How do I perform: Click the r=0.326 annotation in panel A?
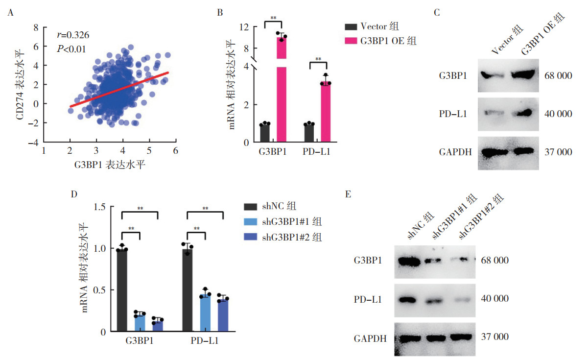pos(73,35)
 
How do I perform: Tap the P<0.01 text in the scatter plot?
pos(71,49)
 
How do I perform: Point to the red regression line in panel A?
pos(119,89)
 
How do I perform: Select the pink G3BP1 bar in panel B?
pos(282,89)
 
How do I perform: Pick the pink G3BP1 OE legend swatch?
pos(351,41)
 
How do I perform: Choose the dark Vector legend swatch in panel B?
pos(351,27)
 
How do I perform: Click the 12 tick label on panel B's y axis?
pos(244,27)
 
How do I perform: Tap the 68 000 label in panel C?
pos(558,75)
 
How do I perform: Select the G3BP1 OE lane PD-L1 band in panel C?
pos(522,113)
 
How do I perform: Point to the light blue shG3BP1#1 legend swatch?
pos(250,221)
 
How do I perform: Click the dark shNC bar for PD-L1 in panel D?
pos(187,290)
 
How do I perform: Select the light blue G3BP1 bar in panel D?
pos(140,322)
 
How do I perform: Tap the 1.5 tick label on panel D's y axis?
pos(100,207)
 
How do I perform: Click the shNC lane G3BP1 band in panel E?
pos(409,262)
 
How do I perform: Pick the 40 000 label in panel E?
pos(494,299)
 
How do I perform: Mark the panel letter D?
pos(74,194)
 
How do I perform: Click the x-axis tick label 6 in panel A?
pos(176,151)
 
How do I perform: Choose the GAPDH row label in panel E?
pos(370,339)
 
